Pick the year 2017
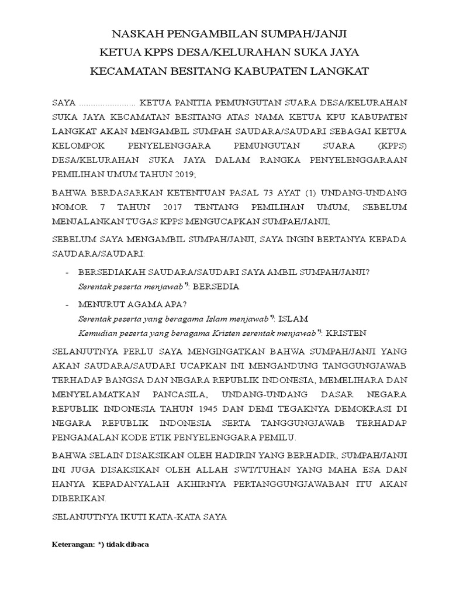point(167,208)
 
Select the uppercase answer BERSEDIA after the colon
point(216,287)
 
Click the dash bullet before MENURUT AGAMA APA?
point(67,305)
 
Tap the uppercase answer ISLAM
point(293,318)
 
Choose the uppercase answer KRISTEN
point(346,332)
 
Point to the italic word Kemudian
point(96,332)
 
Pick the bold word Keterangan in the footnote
point(74,544)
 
